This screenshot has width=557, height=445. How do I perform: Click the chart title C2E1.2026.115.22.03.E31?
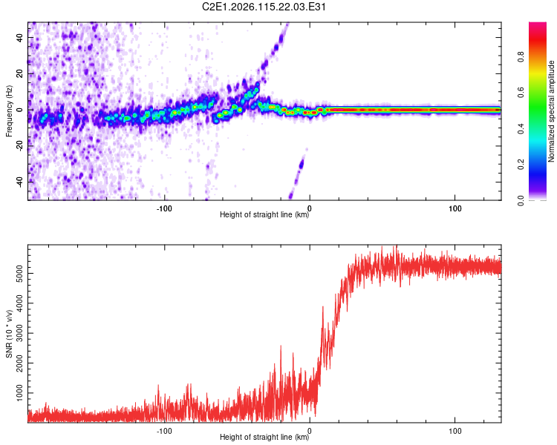(265, 7)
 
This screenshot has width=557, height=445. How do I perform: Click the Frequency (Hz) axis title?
(9, 111)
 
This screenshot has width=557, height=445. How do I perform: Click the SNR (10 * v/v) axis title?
(9, 334)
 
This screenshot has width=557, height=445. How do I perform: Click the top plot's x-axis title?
(265, 215)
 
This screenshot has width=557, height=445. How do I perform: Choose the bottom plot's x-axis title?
(265, 438)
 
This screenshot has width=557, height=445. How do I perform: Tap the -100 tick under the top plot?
(165, 208)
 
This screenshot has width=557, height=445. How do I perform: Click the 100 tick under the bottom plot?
(455, 430)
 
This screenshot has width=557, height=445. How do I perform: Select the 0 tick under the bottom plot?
(310, 430)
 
